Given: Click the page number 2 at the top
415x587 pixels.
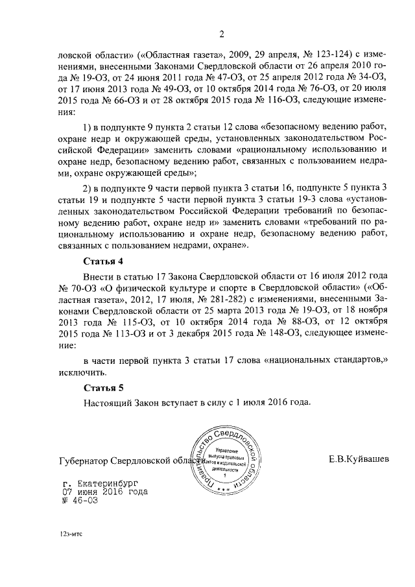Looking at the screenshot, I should [x=221, y=34].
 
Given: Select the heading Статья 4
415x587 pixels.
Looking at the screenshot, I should [x=103, y=261].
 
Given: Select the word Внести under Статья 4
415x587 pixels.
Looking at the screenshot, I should [x=99, y=275].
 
